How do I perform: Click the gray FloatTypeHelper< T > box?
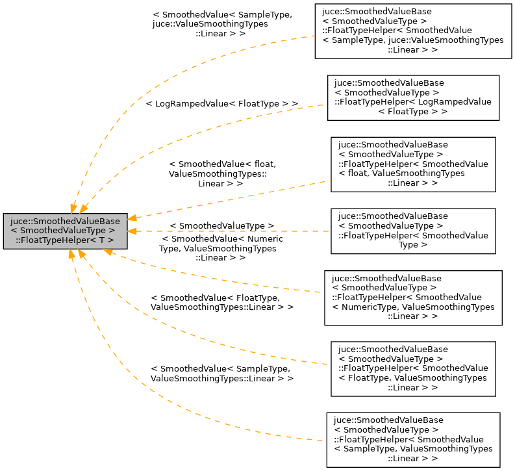[65, 230]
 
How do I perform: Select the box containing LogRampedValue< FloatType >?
[412, 97]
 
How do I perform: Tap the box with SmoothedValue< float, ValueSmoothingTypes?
[412, 164]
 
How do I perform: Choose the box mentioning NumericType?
[413, 298]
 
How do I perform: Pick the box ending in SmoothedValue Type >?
[412, 231]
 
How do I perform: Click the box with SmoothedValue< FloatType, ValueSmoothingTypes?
[412, 368]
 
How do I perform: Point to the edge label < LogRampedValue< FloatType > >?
[221, 103]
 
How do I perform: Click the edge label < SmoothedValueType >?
[221, 225]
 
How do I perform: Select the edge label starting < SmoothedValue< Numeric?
[221, 248]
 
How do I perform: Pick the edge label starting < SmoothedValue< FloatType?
[221, 301]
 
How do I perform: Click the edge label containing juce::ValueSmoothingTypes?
[221, 23]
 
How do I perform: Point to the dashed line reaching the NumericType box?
[214, 273]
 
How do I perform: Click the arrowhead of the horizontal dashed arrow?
[132, 231]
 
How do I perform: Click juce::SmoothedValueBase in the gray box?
[65, 220]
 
